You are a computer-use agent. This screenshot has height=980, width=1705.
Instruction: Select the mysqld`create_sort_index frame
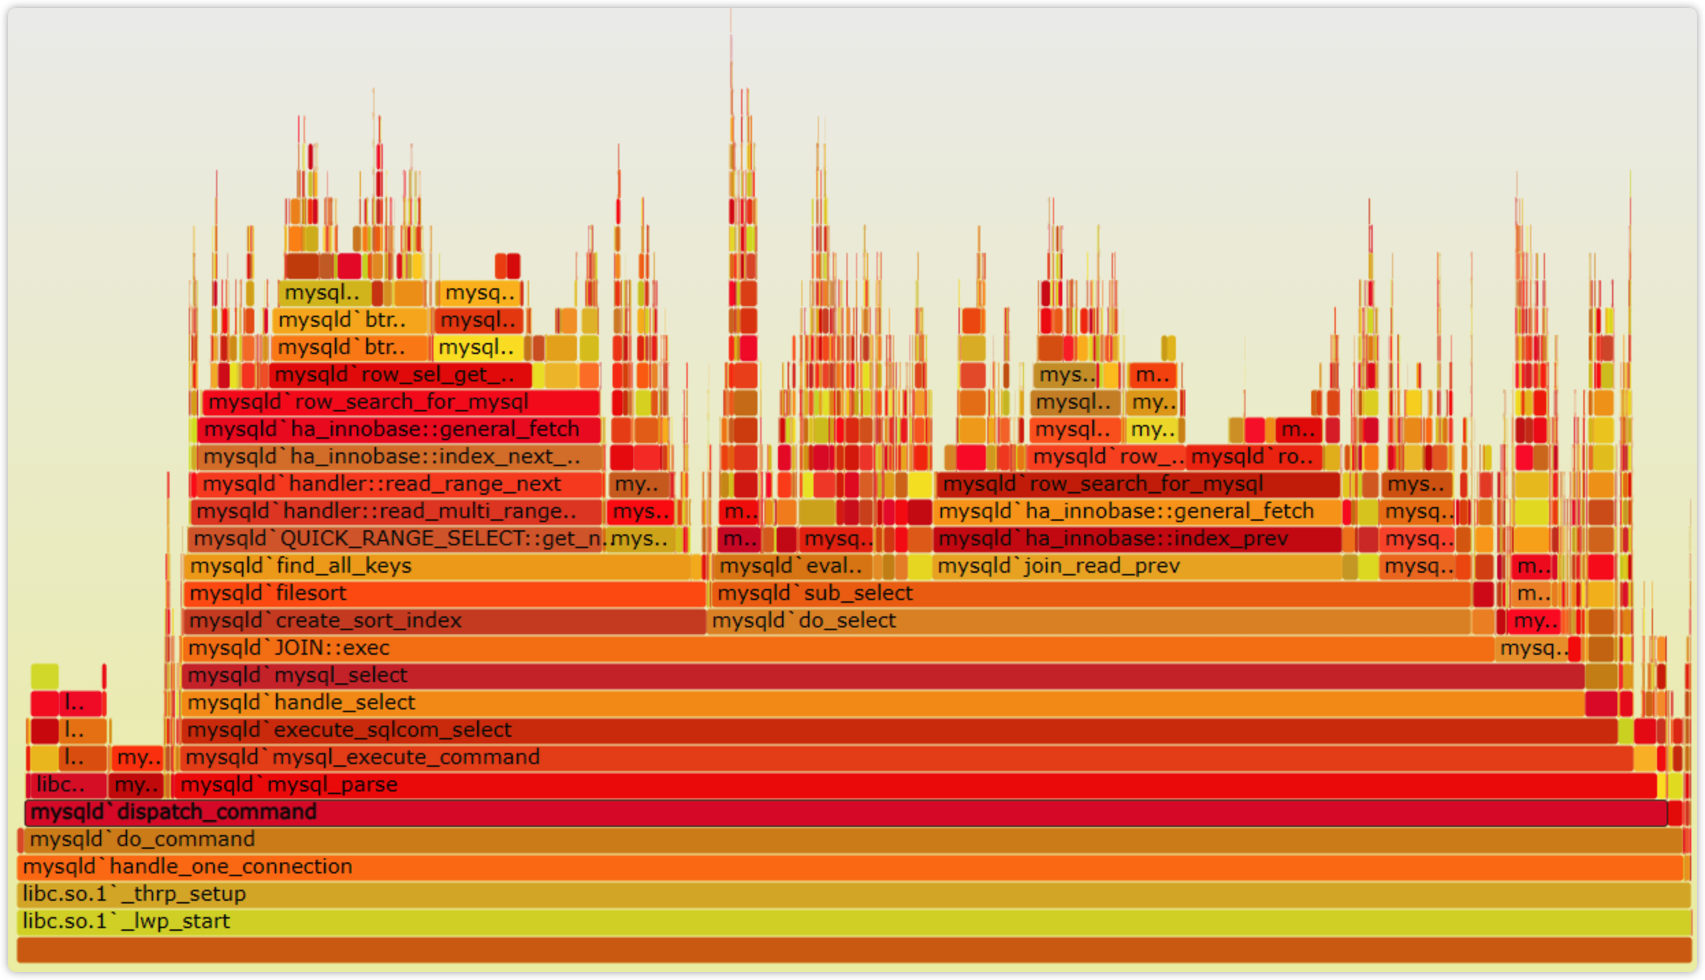[444, 621]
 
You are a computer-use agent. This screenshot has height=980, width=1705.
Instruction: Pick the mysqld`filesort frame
[444, 594]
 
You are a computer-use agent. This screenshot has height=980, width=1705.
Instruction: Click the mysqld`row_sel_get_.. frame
[401, 375]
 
